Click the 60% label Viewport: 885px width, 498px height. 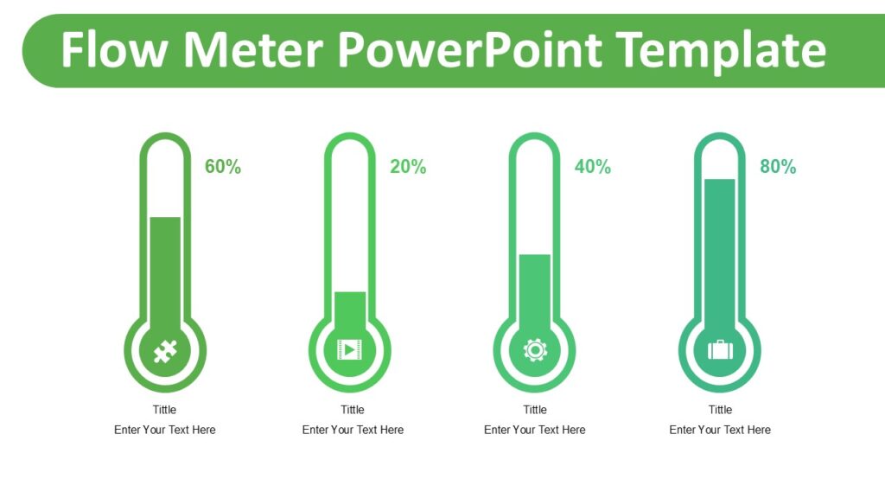coord(222,167)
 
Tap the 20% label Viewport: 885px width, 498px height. coord(407,167)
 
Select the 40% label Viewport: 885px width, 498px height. coord(592,167)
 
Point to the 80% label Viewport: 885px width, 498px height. coord(777,167)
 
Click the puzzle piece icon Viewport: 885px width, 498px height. coord(165,350)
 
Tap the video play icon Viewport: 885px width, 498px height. coord(350,349)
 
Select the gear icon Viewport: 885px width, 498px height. coord(535,349)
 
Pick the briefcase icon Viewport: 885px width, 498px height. coord(720,349)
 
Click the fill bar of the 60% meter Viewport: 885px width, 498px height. coord(165,268)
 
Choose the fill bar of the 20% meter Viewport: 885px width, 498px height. coord(350,307)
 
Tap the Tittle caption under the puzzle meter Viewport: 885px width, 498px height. coord(164,410)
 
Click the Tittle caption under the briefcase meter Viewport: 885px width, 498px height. coord(720,410)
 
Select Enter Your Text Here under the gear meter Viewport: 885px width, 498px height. coord(534,430)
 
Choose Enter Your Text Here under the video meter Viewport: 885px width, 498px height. coord(353,430)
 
